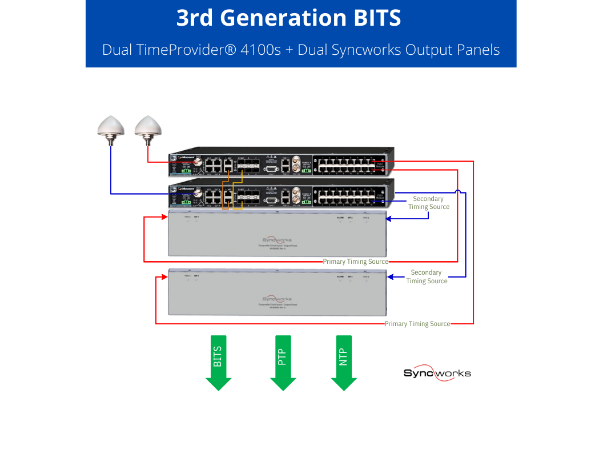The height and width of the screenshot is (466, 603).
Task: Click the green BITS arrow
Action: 218,361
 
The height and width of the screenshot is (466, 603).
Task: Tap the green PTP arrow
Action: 283,361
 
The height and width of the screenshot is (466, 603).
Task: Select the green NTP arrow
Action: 344,361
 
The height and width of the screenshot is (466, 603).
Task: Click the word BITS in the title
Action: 375,18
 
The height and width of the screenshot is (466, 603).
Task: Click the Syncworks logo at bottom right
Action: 437,373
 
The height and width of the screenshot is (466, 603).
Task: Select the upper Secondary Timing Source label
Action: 428,203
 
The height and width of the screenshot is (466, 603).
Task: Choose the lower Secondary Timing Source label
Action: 427,277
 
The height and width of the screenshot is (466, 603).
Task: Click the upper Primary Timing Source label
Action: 355,262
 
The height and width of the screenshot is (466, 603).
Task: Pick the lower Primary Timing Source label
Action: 417,324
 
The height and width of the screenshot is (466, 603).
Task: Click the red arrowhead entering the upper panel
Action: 164,217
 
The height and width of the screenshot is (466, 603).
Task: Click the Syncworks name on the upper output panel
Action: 277,240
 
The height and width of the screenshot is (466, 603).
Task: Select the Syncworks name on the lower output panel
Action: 277,299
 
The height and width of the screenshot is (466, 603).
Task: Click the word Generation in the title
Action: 284,18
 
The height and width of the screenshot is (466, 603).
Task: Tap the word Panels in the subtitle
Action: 478,50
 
